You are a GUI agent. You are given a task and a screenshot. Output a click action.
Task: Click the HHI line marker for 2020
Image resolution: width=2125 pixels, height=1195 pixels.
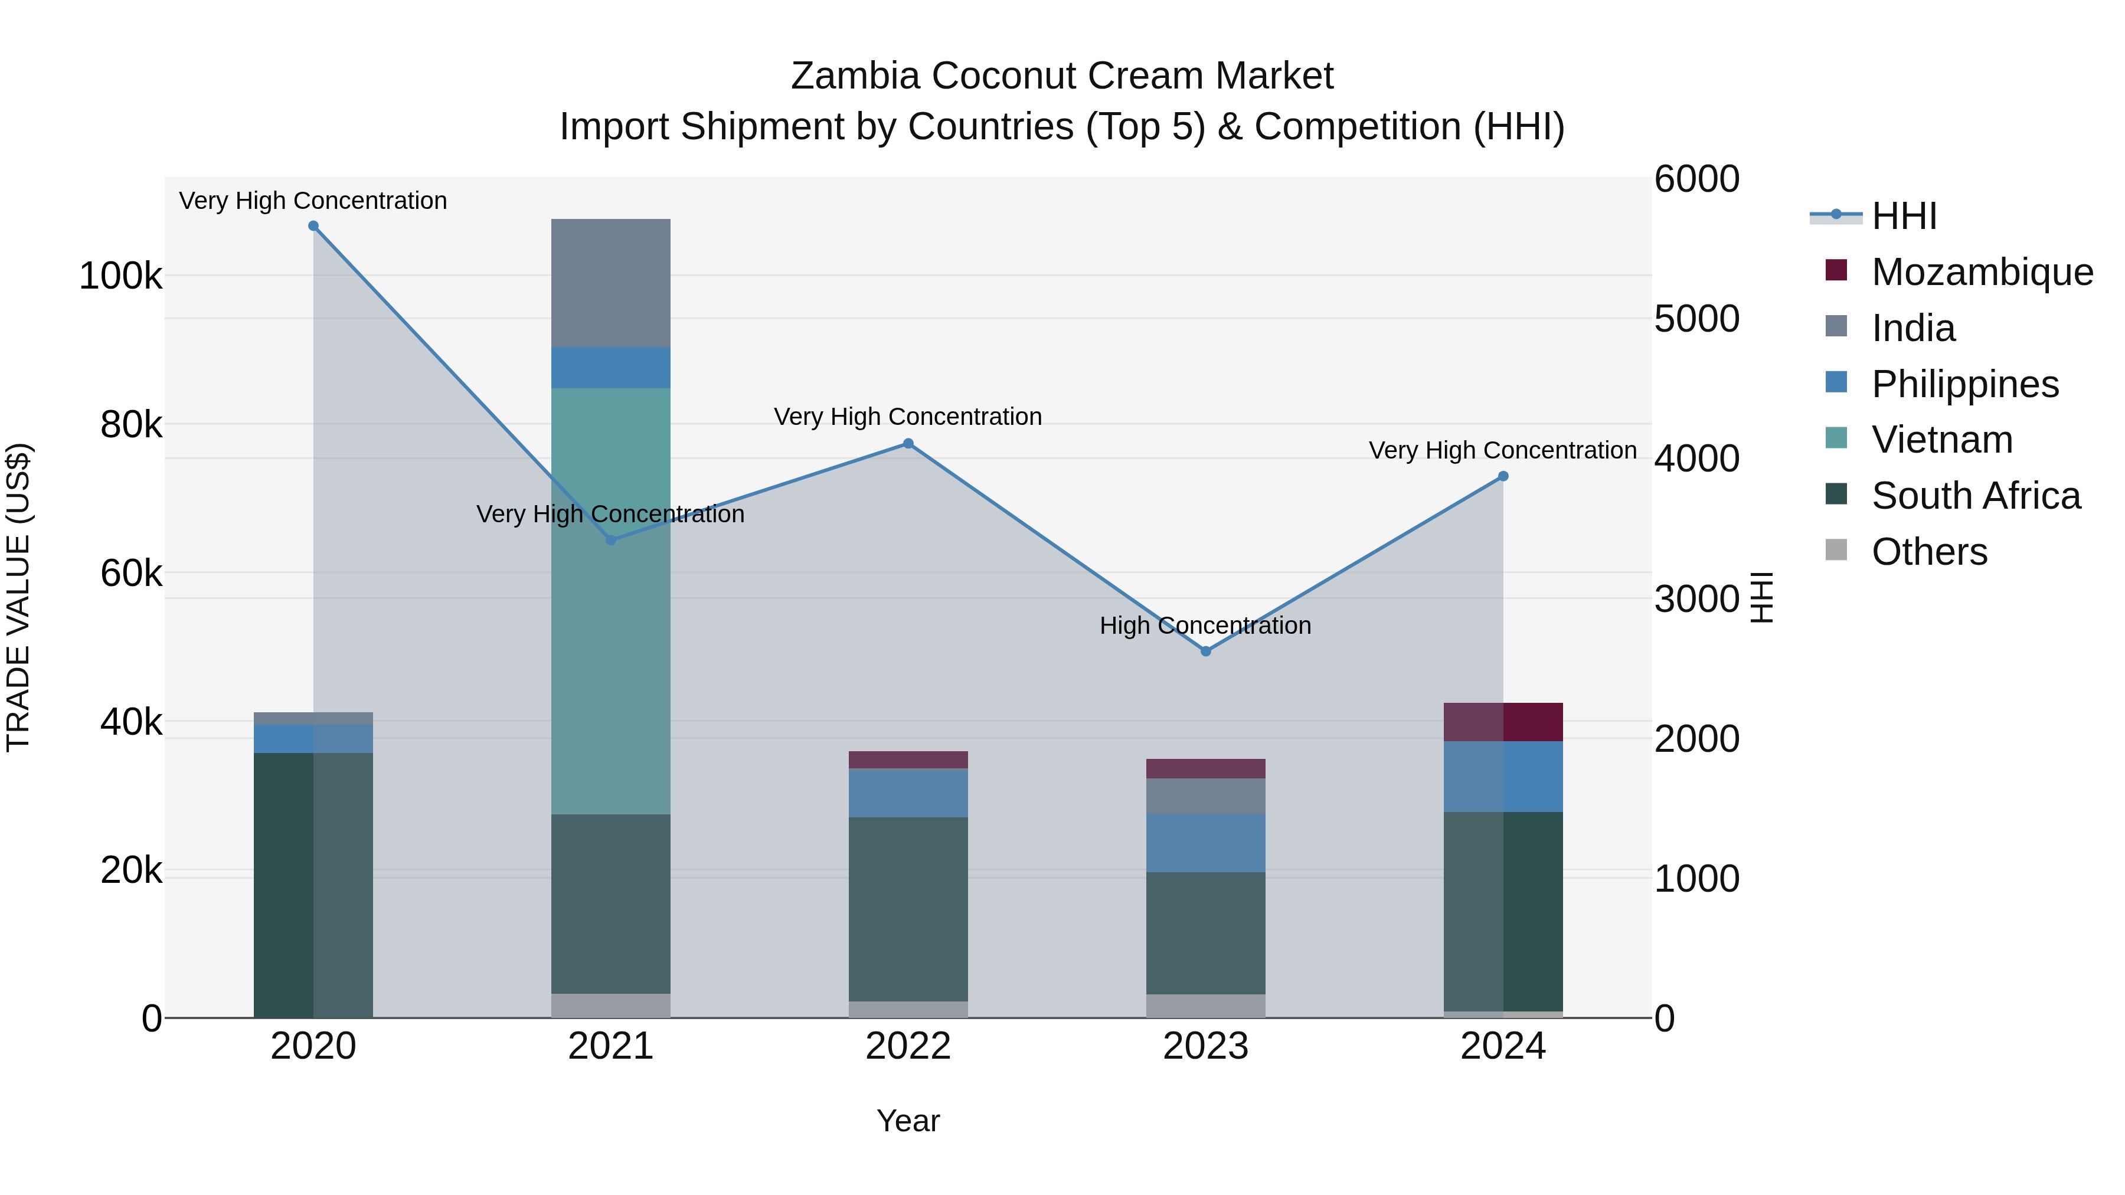313,226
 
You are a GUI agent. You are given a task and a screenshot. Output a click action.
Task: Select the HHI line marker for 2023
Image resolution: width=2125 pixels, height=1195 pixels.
1206,651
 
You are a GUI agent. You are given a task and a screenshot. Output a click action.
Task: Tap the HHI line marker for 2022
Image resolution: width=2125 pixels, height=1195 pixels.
908,444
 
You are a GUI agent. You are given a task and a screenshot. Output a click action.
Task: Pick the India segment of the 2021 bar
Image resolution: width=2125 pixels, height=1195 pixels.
610,283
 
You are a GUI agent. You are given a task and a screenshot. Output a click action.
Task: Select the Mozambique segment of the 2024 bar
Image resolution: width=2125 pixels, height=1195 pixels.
1503,722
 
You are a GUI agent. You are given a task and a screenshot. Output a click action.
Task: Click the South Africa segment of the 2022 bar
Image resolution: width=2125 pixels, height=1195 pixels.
908,909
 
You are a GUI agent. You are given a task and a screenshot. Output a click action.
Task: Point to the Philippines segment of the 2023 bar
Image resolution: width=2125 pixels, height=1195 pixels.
1206,843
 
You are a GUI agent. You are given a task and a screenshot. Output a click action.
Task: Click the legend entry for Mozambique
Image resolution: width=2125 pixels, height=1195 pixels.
1982,272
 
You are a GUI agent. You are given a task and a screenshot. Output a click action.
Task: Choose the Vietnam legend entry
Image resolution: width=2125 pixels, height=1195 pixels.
1942,440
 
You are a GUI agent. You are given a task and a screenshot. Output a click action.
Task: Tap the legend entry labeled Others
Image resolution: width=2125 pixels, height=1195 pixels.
1928,552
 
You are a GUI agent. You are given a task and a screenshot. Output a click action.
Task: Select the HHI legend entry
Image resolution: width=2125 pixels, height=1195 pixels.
1904,216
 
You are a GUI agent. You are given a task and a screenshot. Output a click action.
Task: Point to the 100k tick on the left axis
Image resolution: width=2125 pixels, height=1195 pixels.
120,276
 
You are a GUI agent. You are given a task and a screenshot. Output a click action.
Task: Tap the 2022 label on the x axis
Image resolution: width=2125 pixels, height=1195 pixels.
908,1046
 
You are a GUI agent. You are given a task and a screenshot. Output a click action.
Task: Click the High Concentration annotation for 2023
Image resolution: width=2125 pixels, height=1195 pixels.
1205,626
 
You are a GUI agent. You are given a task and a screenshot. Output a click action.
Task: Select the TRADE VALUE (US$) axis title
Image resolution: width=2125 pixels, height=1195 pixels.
18,597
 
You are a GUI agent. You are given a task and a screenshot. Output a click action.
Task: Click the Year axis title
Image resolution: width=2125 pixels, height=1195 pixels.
908,1121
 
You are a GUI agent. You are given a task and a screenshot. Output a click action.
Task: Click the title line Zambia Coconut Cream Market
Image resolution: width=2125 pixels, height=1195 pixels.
1062,76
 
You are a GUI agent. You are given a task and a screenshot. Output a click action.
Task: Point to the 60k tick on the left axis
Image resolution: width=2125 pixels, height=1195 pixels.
131,573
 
